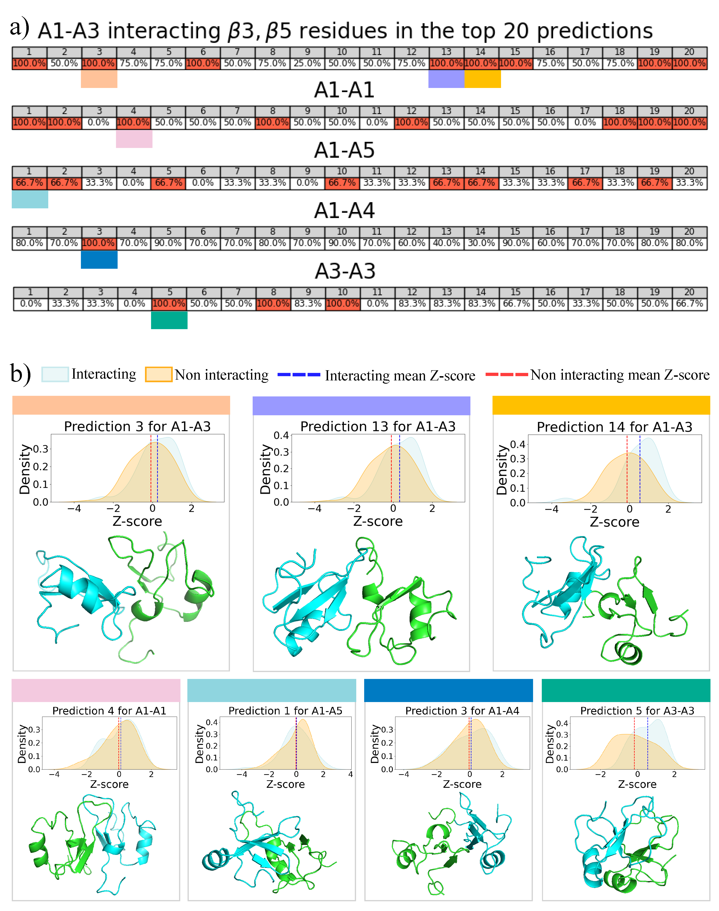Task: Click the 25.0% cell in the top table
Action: (x=307, y=64)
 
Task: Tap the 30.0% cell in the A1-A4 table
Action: (x=481, y=243)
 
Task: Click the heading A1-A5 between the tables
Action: (x=344, y=150)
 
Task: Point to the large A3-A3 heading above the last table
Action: (x=345, y=271)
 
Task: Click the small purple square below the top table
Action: (x=446, y=79)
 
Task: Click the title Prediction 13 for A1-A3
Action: (x=378, y=427)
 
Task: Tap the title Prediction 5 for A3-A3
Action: (x=637, y=711)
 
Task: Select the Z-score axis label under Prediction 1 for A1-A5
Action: (x=285, y=784)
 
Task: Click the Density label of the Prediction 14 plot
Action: (x=502, y=470)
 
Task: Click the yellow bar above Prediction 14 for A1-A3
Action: (x=601, y=405)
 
